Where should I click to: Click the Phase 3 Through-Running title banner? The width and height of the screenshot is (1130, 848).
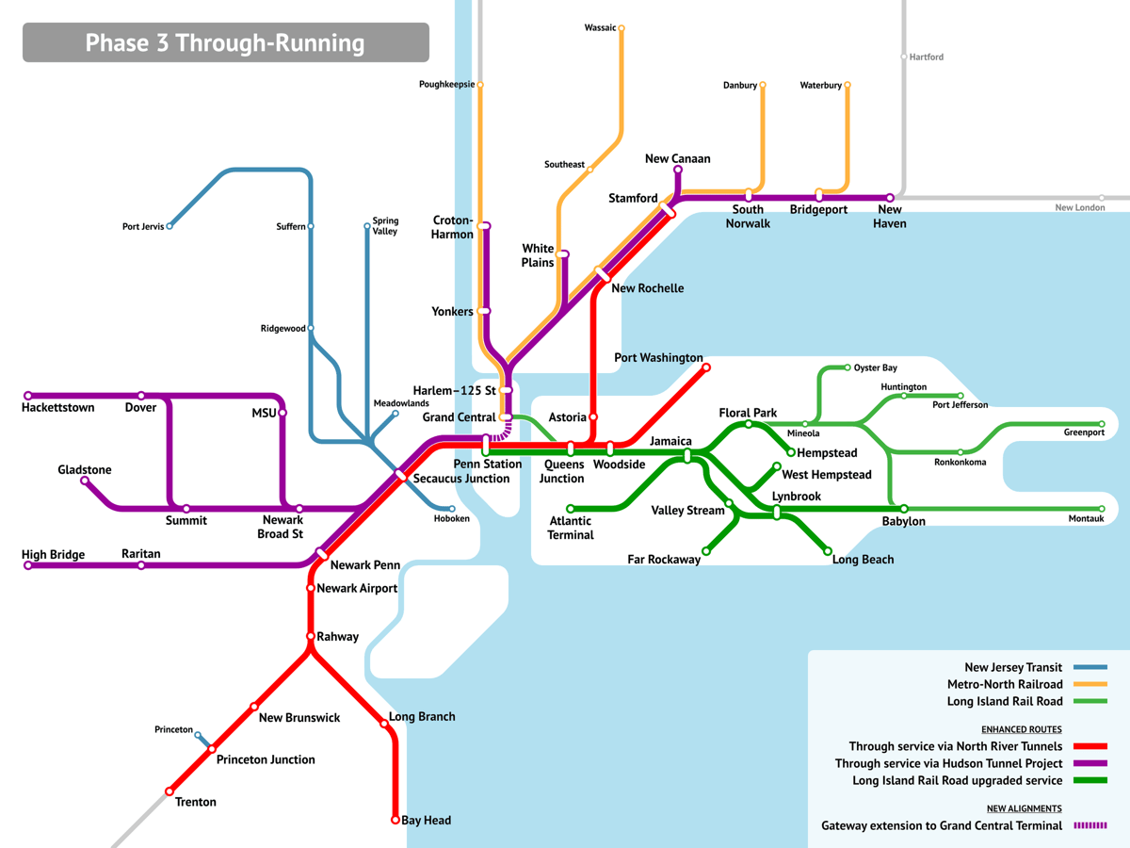point(225,42)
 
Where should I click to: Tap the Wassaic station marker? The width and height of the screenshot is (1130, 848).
point(621,28)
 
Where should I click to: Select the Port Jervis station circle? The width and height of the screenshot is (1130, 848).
point(169,226)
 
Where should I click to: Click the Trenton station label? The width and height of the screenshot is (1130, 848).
point(196,802)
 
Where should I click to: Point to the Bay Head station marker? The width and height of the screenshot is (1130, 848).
point(395,820)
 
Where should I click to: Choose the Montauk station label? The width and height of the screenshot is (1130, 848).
point(1086,518)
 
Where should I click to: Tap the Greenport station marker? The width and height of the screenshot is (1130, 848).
point(1102,424)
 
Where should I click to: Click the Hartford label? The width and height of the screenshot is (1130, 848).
point(927,57)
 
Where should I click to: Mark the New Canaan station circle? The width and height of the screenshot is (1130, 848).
point(678,170)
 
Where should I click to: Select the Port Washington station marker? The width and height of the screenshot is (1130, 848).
point(706,367)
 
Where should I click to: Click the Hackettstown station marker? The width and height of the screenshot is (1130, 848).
point(28,396)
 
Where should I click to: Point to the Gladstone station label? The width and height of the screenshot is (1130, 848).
point(85,469)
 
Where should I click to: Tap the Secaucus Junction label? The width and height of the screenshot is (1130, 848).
point(461,479)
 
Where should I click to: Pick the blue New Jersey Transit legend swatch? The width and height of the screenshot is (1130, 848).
point(1090,667)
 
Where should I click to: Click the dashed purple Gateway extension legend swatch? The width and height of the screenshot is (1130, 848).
point(1090,825)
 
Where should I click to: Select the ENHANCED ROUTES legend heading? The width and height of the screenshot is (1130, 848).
point(1022,729)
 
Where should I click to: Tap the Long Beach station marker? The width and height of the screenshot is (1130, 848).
point(828,551)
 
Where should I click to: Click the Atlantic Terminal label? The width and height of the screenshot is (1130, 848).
point(571,528)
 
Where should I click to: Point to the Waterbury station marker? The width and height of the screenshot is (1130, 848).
point(847,85)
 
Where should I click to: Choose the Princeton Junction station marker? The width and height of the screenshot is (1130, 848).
point(212,749)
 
